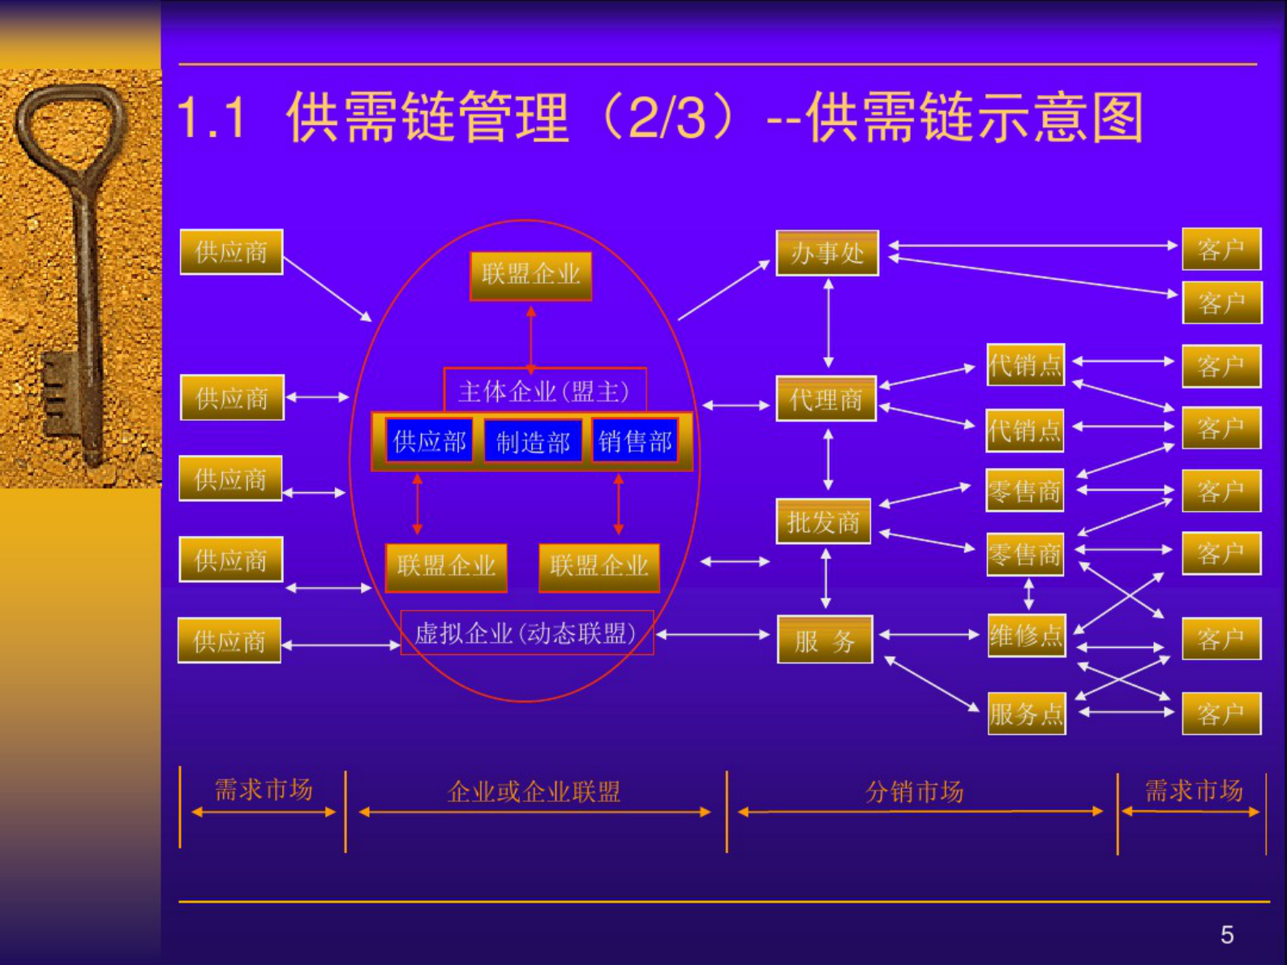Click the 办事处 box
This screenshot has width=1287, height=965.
point(827,253)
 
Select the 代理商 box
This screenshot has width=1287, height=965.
point(826,399)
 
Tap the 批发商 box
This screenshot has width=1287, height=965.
point(823,521)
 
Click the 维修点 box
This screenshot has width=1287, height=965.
point(1026,635)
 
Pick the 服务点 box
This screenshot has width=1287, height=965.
point(1026,714)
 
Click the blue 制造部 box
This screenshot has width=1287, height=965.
point(533,442)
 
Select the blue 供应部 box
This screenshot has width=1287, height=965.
point(430,441)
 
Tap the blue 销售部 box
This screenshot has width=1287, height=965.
point(635,441)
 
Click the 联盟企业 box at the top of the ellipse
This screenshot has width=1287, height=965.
point(531,275)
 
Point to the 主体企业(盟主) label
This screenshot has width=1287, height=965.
point(544,392)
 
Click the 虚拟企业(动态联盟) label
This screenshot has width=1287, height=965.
point(526,633)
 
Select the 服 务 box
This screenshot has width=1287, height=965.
point(825,641)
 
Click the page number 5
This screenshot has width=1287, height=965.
point(1227,935)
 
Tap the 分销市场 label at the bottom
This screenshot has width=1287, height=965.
point(914,791)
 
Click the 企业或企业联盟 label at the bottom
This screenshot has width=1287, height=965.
point(534,791)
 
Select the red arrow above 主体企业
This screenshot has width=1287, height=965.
point(531,337)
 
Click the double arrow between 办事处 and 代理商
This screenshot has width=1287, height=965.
point(828,324)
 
